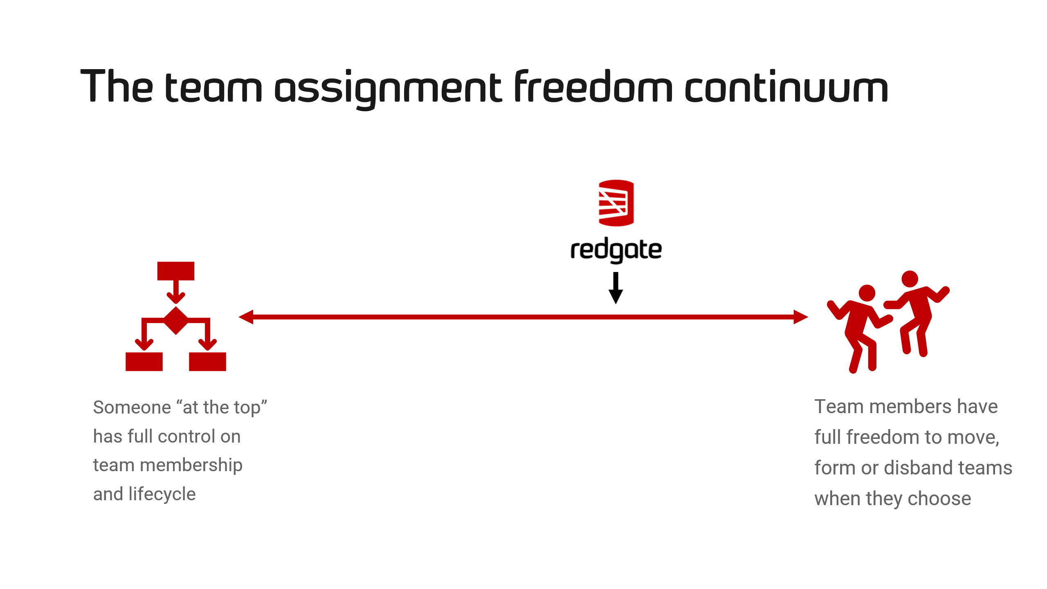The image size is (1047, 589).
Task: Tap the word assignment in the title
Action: click(388, 89)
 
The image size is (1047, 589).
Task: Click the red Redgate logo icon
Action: click(616, 203)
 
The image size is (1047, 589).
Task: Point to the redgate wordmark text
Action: click(616, 250)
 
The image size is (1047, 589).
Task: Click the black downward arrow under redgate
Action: click(616, 288)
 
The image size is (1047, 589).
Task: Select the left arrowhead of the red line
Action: click(246, 317)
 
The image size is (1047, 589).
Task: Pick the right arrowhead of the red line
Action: click(801, 317)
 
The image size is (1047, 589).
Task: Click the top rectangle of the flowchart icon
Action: click(176, 271)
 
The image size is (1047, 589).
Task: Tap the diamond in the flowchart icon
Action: click(176, 320)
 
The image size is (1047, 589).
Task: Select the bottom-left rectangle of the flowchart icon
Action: click(144, 362)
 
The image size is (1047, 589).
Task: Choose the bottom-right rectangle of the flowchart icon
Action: click(207, 362)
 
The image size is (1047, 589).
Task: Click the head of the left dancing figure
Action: click(867, 293)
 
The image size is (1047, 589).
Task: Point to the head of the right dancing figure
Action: click(910, 279)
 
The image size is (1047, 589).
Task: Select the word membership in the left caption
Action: click(191, 466)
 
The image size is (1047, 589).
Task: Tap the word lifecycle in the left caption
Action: click(162, 495)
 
